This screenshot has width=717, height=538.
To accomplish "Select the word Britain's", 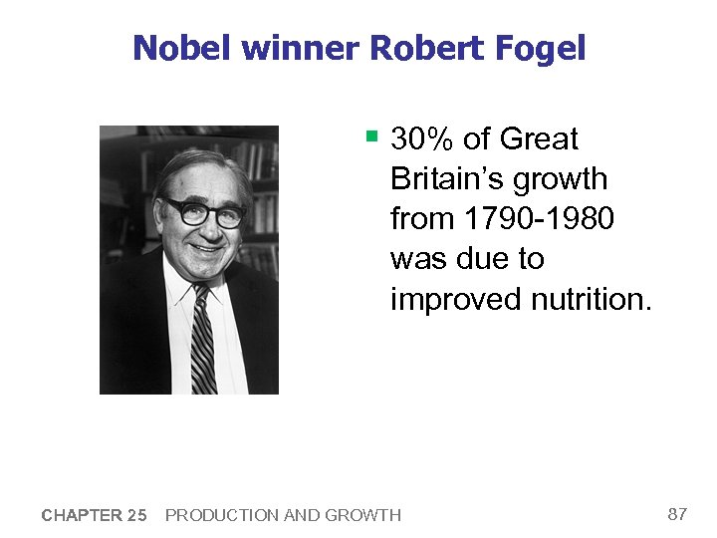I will click(x=448, y=178).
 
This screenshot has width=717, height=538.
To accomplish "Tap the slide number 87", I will click(x=677, y=514).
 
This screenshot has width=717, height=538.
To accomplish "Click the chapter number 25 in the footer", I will click(x=135, y=515).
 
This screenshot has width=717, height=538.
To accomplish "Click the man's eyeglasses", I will click(x=204, y=212).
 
